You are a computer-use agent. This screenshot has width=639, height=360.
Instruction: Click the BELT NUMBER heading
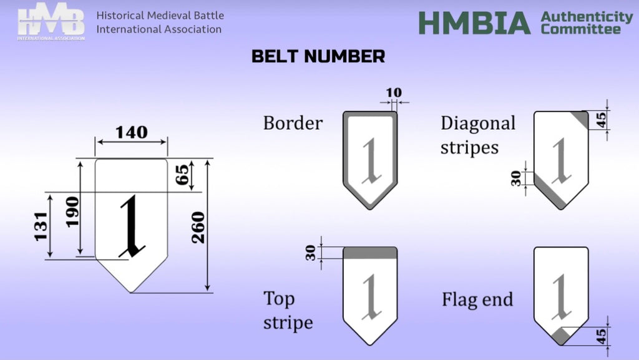click(x=318, y=57)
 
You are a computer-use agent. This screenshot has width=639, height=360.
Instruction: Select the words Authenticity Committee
click(x=587, y=22)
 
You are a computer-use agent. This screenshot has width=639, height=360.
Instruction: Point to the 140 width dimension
click(x=132, y=132)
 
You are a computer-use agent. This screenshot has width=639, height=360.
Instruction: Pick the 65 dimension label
click(x=183, y=175)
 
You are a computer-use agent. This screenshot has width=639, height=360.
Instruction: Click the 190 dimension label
click(x=72, y=212)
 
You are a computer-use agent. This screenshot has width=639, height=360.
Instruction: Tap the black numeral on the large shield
click(x=132, y=226)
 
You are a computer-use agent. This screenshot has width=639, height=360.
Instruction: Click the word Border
click(x=293, y=123)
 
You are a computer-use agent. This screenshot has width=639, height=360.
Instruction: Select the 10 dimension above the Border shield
click(x=394, y=93)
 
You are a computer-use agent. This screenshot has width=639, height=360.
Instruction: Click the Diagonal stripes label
click(x=478, y=135)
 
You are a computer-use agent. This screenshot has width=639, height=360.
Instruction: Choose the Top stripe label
click(x=288, y=310)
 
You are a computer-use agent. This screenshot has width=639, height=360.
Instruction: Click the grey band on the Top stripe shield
click(x=370, y=253)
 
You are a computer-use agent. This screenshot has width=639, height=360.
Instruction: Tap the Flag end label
click(x=477, y=299)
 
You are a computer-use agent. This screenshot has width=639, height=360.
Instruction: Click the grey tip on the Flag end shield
click(x=561, y=336)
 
